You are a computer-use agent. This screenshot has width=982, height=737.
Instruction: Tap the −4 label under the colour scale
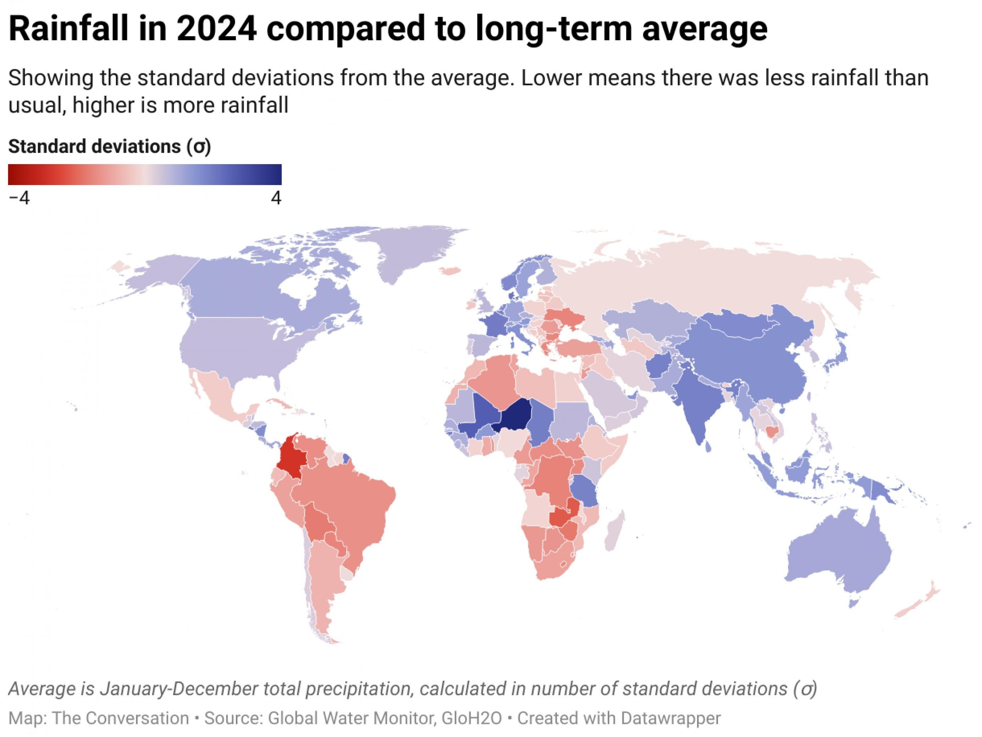(19, 198)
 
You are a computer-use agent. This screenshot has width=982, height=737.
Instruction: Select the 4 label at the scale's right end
(276, 198)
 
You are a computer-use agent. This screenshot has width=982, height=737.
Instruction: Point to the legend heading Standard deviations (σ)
(109, 146)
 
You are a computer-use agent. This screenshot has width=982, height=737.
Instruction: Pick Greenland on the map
(413, 253)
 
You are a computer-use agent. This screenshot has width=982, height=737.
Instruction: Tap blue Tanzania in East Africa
(584, 490)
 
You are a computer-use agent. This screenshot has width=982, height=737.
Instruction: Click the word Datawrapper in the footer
(670, 718)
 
